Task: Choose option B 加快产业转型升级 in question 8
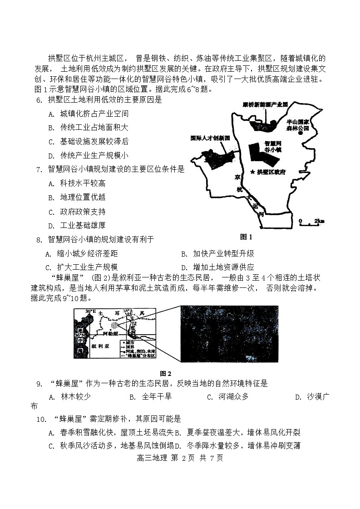217,254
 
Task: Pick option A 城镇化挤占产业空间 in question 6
88,114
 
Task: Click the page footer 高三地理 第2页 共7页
180,458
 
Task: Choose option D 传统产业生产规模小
88,155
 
